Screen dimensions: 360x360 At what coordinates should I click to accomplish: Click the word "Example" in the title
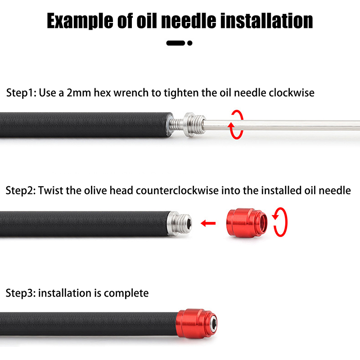(80, 21)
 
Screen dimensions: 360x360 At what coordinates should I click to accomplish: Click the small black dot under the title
(189, 43)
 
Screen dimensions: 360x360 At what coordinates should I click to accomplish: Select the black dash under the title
(175, 43)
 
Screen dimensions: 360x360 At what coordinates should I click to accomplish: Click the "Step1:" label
(21, 93)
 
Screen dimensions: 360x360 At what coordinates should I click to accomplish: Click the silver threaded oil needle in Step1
(186, 125)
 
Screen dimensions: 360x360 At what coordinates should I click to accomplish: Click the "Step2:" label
(21, 190)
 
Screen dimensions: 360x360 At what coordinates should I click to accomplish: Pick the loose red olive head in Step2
(247, 223)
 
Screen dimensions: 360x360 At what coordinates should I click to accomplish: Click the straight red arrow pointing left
(208, 223)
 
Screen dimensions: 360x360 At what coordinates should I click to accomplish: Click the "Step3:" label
(21, 293)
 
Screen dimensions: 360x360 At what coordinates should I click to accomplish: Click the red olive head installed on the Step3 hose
(195, 324)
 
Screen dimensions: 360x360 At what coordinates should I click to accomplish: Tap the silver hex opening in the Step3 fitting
(214, 324)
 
